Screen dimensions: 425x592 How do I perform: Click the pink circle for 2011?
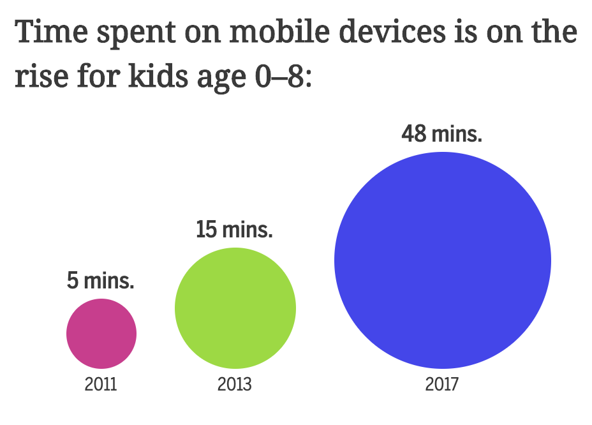click(x=101, y=333)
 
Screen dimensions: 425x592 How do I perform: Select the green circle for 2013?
click(x=235, y=308)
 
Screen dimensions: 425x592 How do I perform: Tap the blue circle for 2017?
click(x=443, y=260)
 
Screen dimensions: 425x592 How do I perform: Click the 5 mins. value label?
click(x=101, y=280)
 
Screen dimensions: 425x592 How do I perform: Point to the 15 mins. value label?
click(x=234, y=229)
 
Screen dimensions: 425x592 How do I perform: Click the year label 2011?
click(x=101, y=385)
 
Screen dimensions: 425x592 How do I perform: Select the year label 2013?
click(x=235, y=385)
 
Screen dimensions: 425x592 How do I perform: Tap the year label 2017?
click(x=442, y=385)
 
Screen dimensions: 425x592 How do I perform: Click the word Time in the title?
click(x=52, y=33)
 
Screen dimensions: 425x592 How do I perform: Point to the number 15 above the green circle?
click(x=207, y=229)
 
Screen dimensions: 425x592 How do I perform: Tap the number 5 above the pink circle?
click(x=72, y=280)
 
